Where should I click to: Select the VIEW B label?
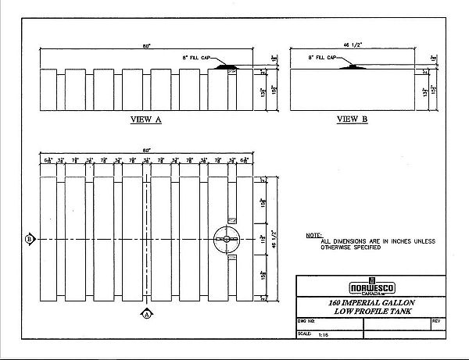352,120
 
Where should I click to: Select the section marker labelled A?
146,314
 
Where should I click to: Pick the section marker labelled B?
28,238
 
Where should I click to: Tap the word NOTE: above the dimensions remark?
313,234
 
